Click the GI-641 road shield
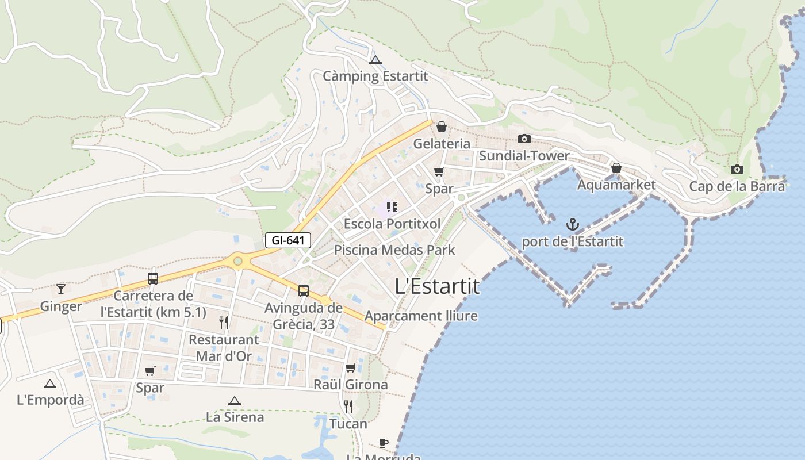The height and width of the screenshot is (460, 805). [x=287, y=240]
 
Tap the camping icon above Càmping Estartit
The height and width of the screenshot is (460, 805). [x=375, y=60]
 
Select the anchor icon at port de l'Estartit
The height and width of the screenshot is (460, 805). [x=572, y=224]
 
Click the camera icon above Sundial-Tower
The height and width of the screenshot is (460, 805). [x=524, y=139]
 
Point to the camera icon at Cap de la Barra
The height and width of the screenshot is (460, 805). [x=737, y=169]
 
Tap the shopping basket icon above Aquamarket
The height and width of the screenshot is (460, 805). [x=616, y=168]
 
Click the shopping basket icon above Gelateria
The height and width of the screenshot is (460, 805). [x=441, y=126]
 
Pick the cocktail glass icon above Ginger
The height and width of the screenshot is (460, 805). [x=61, y=289]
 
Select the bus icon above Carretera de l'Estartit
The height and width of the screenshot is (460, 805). [x=153, y=279]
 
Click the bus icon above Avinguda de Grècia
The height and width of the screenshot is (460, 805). [x=303, y=291]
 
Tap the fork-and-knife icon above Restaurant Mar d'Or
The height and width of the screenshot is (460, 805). [x=224, y=322]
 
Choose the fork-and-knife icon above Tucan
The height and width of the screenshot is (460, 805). [x=348, y=407]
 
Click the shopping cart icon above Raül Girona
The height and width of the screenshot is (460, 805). [x=350, y=367]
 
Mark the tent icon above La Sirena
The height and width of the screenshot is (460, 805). [x=234, y=401]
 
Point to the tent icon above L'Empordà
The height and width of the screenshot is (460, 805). [x=50, y=384]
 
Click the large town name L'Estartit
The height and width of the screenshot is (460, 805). [x=438, y=286]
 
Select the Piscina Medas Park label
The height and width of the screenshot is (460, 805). [x=394, y=250]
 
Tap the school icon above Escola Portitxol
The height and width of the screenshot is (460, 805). [x=392, y=207]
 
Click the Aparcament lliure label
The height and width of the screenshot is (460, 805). [x=421, y=316]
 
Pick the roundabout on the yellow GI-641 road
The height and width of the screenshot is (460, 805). [x=237, y=261]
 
